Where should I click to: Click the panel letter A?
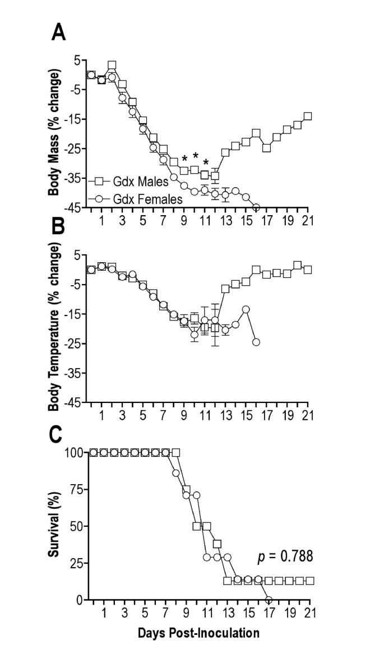(x=59, y=33)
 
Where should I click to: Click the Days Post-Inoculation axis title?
(x=198, y=634)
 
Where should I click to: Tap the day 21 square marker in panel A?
(x=307, y=117)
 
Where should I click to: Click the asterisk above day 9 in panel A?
(x=184, y=159)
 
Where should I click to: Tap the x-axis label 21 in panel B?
(x=307, y=415)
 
